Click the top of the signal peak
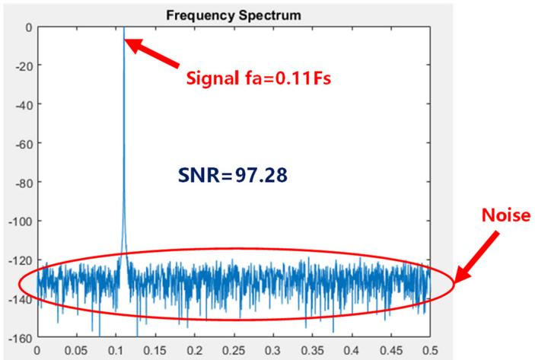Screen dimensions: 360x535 pyautogui.click(x=123, y=28)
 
